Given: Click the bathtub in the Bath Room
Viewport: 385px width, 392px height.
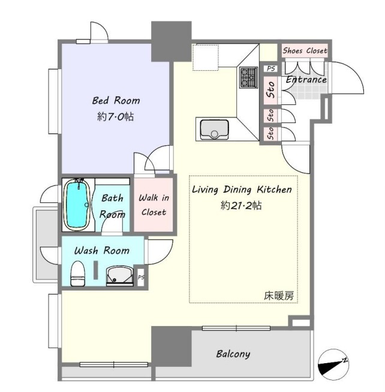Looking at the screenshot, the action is [77, 205].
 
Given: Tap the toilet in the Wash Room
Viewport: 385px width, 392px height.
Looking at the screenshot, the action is [77, 274].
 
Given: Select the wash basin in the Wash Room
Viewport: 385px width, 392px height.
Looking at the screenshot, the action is [120, 276].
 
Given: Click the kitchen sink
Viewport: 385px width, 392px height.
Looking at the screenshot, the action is [215, 130].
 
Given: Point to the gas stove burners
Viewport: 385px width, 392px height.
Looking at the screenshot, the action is [248, 77].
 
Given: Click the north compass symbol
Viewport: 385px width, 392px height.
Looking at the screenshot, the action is [333, 363].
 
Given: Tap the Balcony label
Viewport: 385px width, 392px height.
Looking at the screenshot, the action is [233, 354].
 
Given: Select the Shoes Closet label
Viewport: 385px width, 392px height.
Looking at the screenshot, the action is [305, 51].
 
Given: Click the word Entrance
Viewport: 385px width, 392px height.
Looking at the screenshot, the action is [306, 80].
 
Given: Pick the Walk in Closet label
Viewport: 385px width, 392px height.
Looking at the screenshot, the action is [154, 205].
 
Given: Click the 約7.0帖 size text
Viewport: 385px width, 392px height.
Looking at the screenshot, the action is [115, 116].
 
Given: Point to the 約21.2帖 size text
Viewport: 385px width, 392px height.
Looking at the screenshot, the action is [241, 205].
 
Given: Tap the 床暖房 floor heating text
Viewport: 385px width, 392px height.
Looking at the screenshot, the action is [279, 296].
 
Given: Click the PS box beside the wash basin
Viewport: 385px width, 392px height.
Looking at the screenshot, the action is [141, 277].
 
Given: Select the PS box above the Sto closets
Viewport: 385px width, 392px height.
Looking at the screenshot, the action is [270, 68].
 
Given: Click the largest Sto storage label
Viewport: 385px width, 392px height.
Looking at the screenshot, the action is [270, 90].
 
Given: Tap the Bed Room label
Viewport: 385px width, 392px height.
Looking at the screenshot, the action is [116, 100].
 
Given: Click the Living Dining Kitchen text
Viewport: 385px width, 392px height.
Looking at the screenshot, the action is [242, 190].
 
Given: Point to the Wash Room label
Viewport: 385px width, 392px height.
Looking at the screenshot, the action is [102, 250].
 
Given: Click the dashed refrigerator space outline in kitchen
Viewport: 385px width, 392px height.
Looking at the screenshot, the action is [206, 58].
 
